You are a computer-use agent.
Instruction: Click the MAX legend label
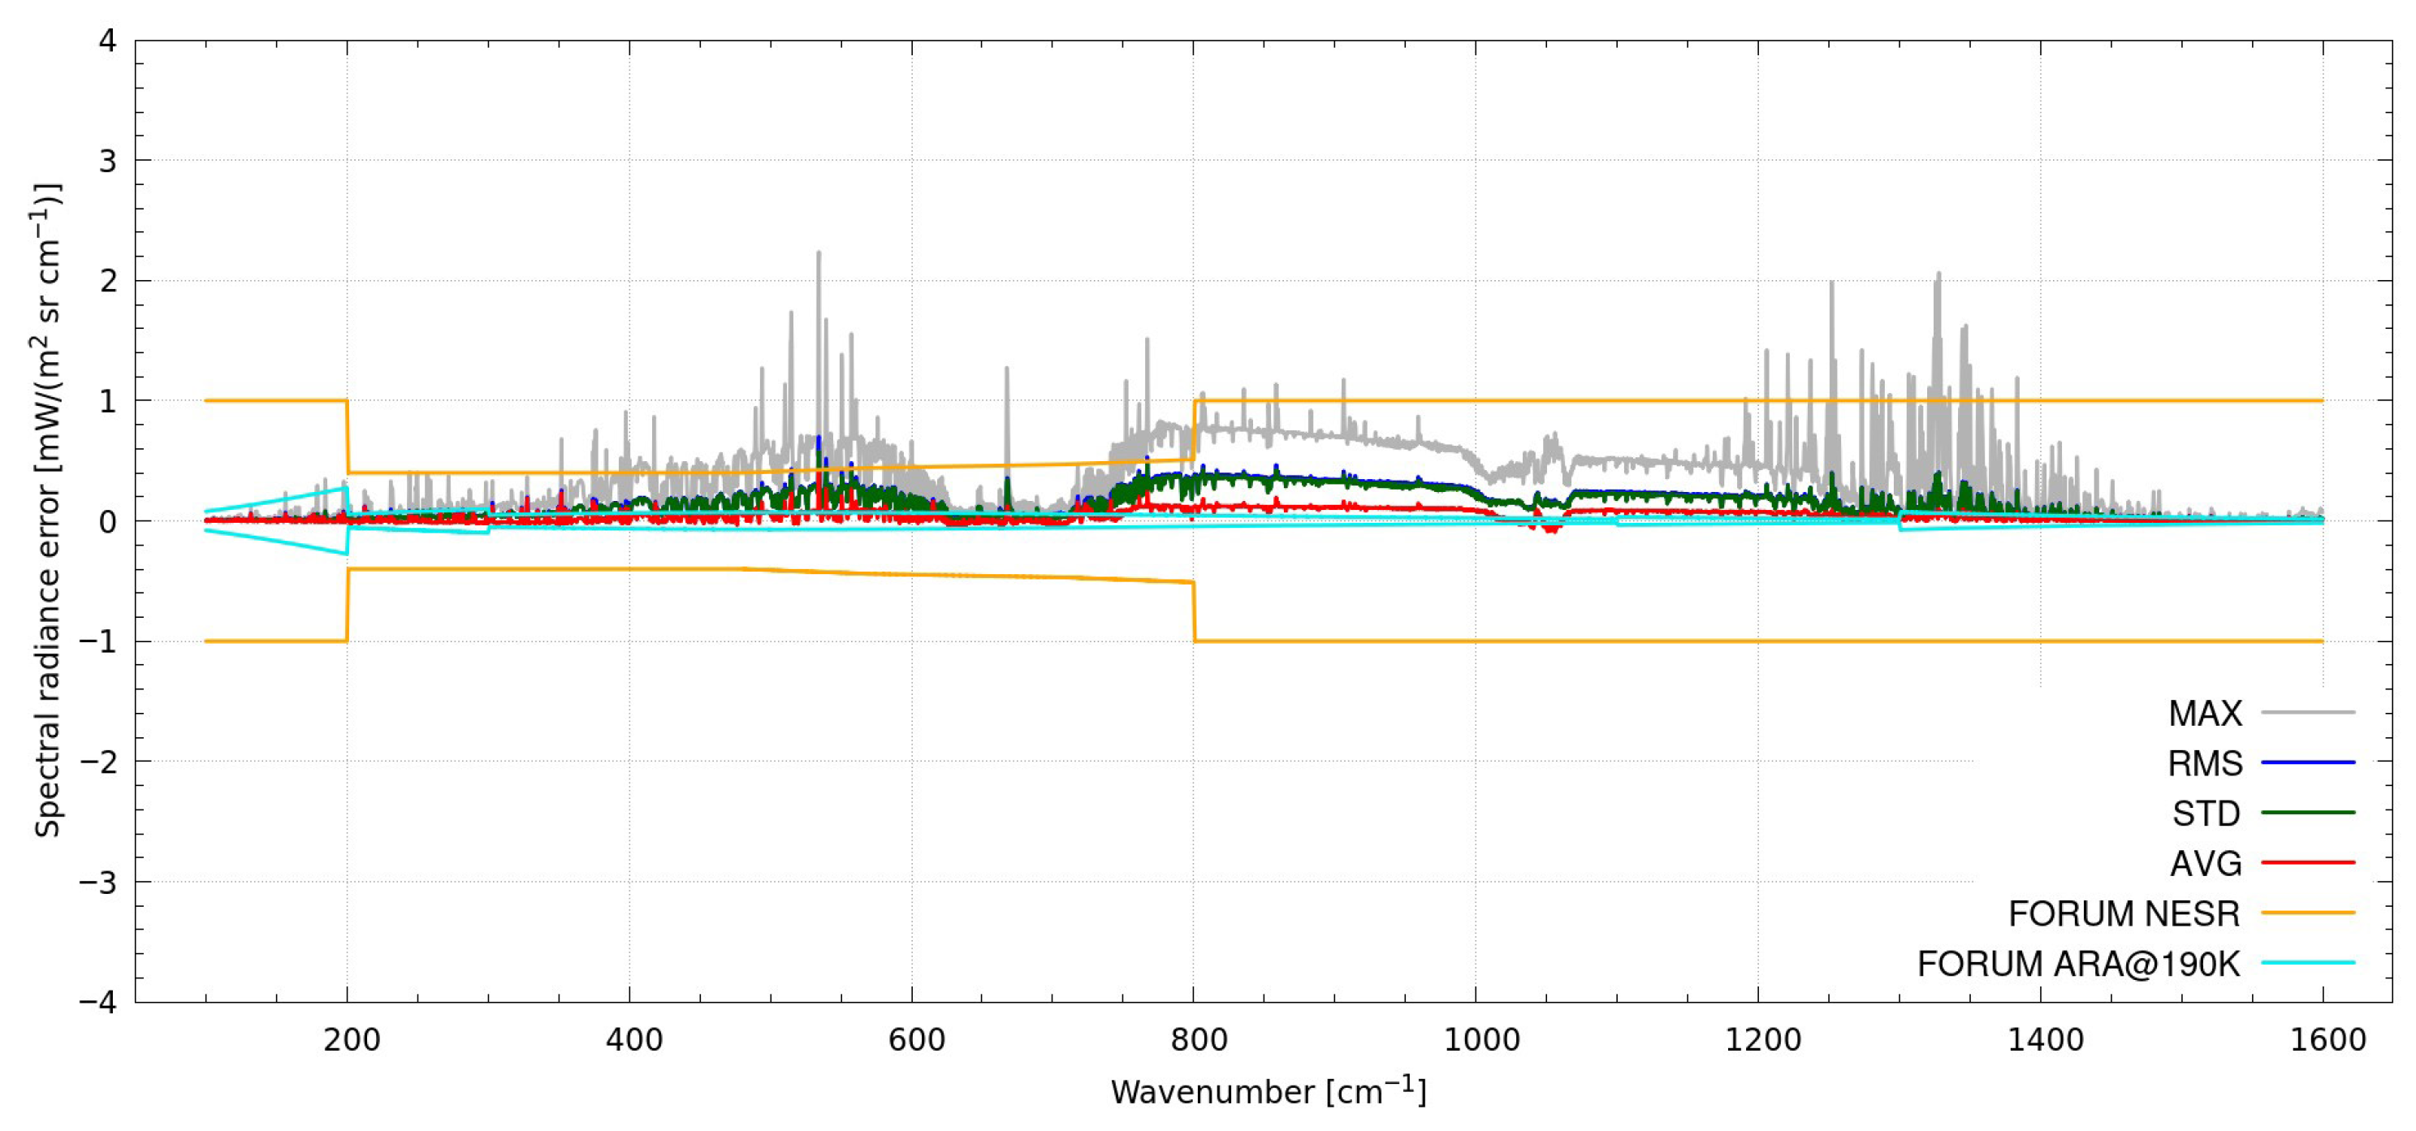coord(2205,714)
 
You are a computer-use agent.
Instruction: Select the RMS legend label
coord(2205,763)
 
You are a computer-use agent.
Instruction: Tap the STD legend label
coord(2206,813)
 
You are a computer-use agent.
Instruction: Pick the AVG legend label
coord(2206,863)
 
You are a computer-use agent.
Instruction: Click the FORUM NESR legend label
coord(2124,913)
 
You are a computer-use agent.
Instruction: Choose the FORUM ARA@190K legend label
coord(2078,963)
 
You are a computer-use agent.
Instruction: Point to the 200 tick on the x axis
coord(351,1040)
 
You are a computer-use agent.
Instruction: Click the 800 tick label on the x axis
coord(1198,1040)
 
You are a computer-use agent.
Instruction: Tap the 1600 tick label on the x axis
coord(2327,1040)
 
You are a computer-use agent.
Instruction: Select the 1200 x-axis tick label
coord(1762,1040)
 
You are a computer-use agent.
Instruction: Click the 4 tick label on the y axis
coord(108,41)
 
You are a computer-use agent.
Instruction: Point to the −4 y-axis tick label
coord(98,1002)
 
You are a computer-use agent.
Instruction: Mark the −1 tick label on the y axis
coord(98,641)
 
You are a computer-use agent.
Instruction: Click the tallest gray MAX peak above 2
coord(819,253)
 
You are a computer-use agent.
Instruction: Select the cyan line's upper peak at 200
coord(346,488)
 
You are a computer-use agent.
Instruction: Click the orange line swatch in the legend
coord(2308,913)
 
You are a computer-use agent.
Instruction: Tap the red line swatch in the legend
coord(2308,863)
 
